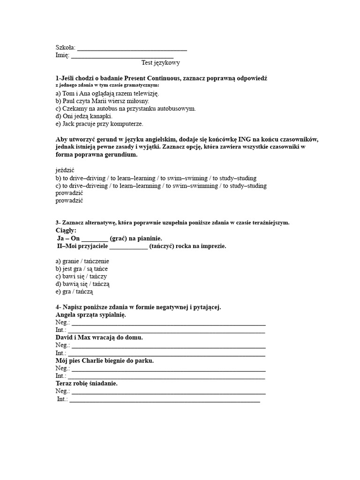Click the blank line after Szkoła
pyautogui.click(x=132, y=48)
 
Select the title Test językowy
pyautogui.click(x=160, y=62)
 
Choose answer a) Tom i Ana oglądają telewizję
pyautogui.click(x=107, y=93)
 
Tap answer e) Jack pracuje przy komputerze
pyautogui.click(x=99, y=124)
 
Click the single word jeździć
pyautogui.click(x=65, y=170)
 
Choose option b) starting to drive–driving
pyautogui.click(x=156, y=178)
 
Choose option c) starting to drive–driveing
pyautogui.click(x=161, y=186)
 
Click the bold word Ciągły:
pyautogui.click(x=66, y=231)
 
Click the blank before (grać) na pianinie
pyautogui.click(x=95, y=239)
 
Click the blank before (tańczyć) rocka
pyautogui.click(x=128, y=246)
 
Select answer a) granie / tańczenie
pyautogui.click(x=82, y=261)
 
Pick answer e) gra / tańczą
pyautogui.click(x=75, y=292)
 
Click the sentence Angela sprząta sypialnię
pyautogui.click(x=90, y=315)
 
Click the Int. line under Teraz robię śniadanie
pyautogui.click(x=164, y=399)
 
